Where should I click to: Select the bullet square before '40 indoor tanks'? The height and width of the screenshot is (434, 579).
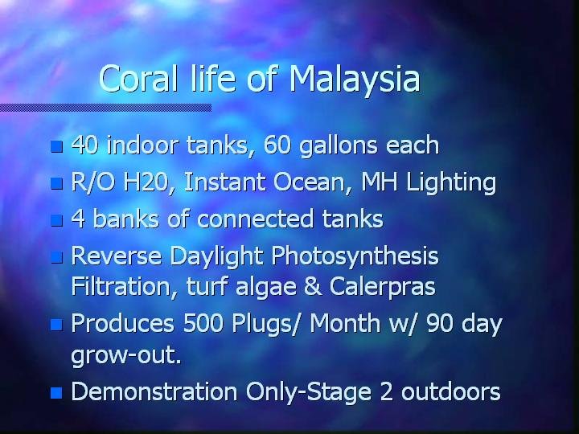[56, 146]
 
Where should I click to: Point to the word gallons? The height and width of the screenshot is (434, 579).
[339, 146]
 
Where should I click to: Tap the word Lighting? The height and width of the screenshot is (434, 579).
[450, 184]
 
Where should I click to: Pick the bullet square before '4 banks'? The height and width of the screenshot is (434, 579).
[56, 220]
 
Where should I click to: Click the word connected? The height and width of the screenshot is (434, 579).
[256, 219]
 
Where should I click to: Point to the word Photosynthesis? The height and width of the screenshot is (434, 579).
[355, 257]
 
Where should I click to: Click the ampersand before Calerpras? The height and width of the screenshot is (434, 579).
[312, 286]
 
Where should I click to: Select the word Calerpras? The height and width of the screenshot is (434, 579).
[383, 288]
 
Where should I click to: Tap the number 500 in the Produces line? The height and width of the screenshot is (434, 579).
[203, 323]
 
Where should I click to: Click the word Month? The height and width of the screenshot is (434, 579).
[345, 323]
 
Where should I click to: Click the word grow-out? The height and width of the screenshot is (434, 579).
[126, 356]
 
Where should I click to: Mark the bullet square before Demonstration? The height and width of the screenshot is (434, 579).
[56, 393]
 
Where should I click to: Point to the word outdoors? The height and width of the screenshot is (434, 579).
[450, 391]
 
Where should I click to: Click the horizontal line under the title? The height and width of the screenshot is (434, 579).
[105, 108]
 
